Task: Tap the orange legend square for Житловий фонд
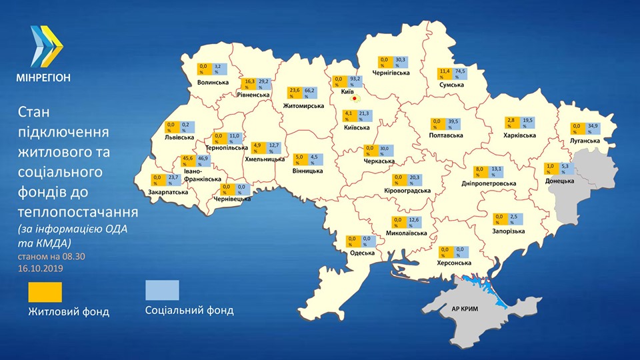pos(45,291)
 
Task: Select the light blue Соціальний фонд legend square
pos(163,291)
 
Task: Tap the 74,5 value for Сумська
pos(460,73)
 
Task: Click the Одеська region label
pos(362,253)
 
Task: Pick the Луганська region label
pos(584,141)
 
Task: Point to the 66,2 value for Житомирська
pos(310,93)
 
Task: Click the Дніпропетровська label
pos(489,183)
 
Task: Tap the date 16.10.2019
pos(43,267)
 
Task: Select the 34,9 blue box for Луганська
pos(591,129)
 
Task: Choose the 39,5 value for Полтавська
pos(453,124)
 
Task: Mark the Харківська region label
pos(518,135)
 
